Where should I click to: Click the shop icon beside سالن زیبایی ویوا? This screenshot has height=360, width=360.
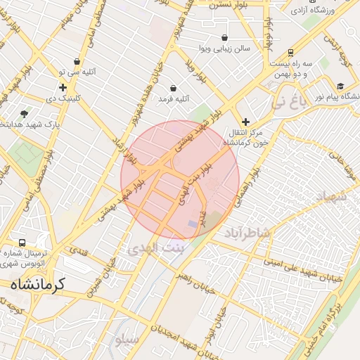click(x=224, y=37)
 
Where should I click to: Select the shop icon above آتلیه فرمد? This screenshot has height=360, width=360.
click(x=174, y=89)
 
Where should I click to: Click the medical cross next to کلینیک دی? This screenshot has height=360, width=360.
click(x=63, y=88)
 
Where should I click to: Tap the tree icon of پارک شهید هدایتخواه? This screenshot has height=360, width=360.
click(x=25, y=113)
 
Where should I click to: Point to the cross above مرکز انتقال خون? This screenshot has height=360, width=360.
click(x=245, y=122)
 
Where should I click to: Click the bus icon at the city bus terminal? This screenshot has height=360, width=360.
click(x=22, y=242)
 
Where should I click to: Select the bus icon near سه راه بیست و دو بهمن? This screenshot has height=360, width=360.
click(x=290, y=52)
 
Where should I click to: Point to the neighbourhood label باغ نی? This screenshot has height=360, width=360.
click(x=290, y=104)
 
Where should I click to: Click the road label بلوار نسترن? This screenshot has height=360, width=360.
click(x=223, y=4)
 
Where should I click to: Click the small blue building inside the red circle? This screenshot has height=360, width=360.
click(x=193, y=224)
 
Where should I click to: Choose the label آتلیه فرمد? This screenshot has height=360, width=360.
click(x=174, y=101)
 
